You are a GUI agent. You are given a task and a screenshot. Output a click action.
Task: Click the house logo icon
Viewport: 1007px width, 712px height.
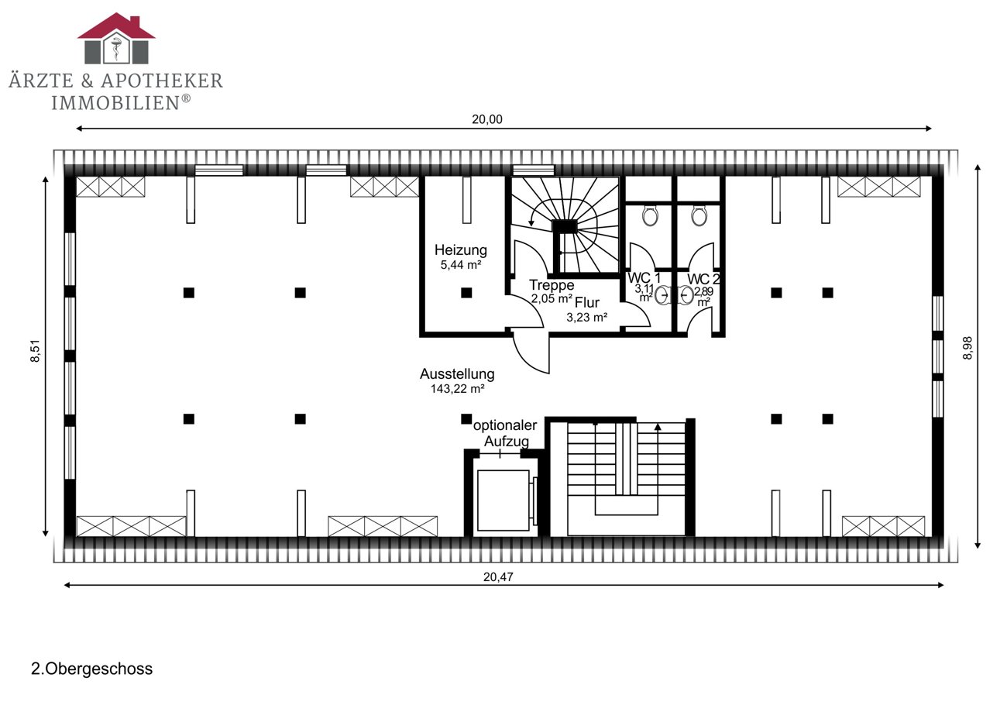tap(116, 38)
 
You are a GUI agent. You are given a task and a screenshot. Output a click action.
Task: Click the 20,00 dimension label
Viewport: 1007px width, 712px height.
tap(487, 119)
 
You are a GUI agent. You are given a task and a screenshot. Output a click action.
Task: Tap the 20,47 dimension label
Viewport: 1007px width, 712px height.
tap(498, 576)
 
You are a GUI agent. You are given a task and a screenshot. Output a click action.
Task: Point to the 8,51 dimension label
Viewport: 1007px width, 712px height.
tap(35, 351)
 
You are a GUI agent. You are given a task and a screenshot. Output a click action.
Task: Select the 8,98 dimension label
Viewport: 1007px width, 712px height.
tap(967, 348)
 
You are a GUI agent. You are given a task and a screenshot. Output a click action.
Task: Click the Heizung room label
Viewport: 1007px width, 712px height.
tap(460, 250)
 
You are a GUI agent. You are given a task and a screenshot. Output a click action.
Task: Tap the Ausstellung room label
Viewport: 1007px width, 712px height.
tap(457, 373)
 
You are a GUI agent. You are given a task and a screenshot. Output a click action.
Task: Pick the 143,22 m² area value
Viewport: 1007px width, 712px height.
tap(457, 389)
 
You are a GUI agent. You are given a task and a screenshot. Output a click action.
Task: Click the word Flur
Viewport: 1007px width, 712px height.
tap(586, 302)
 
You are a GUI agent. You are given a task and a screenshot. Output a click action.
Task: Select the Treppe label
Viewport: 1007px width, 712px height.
tap(552, 285)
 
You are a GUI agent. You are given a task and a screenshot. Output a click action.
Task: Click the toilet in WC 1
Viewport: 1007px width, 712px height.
tap(650, 215)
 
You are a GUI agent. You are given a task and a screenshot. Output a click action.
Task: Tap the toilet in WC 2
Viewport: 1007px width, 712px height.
tap(699, 215)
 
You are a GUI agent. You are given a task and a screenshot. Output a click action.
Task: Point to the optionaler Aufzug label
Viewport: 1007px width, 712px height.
tap(505, 433)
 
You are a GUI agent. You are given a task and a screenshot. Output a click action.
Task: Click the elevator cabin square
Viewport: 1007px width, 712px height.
tap(503, 500)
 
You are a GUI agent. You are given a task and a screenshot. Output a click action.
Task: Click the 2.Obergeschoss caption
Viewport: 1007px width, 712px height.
tap(91, 669)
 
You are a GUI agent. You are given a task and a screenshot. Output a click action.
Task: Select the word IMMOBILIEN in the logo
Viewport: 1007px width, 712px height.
tap(115, 103)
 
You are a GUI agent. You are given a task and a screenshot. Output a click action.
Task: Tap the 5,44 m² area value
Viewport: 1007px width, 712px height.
tap(461, 265)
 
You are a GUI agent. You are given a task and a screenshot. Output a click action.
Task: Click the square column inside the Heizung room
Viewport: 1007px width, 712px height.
tap(466, 293)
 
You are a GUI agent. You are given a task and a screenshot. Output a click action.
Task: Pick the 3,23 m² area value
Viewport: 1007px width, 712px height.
tap(586, 318)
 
